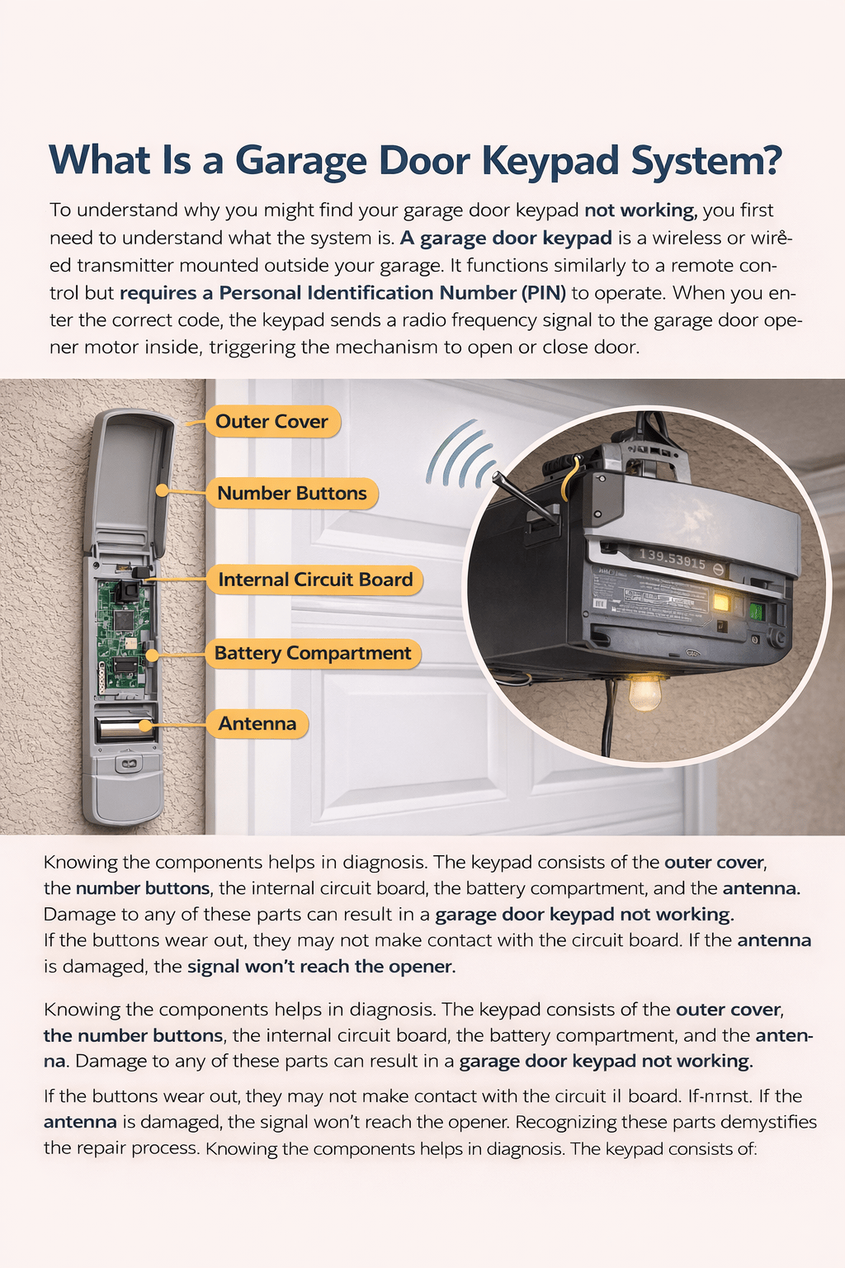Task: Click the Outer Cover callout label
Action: [x=271, y=422]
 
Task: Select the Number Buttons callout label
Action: [x=291, y=494]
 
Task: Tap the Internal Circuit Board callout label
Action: [x=315, y=580]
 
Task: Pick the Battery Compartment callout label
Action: [x=313, y=654]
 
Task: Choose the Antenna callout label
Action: [x=257, y=724]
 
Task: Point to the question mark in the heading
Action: [x=771, y=160]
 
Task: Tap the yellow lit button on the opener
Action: [x=720, y=602]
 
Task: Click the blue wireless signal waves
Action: [x=460, y=456]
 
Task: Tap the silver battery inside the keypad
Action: [x=123, y=728]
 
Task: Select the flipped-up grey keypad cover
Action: [x=132, y=479]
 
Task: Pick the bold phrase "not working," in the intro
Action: [x=640, y=211]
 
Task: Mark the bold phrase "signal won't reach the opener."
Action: [x=321, y=967]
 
